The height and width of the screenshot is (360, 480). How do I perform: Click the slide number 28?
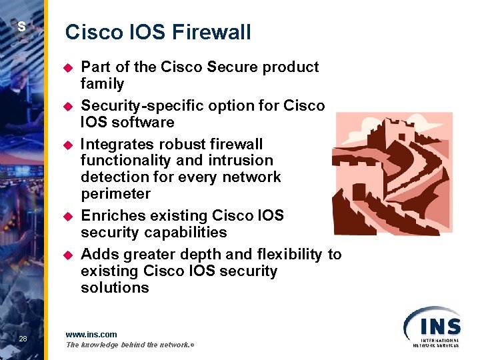(x=23, y=340)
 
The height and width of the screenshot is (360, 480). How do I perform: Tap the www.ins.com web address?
(x=91, y=334)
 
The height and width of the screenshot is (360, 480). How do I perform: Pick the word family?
(x=102, y=84)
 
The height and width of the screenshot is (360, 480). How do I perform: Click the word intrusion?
(x=241, y=161)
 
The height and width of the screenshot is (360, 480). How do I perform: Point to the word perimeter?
(x=115, y=194)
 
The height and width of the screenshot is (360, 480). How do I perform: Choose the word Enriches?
(x=111, y=216)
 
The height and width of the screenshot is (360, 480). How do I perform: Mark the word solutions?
(x=115, y=288)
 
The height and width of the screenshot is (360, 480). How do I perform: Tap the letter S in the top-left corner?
(x=21, y=27)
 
